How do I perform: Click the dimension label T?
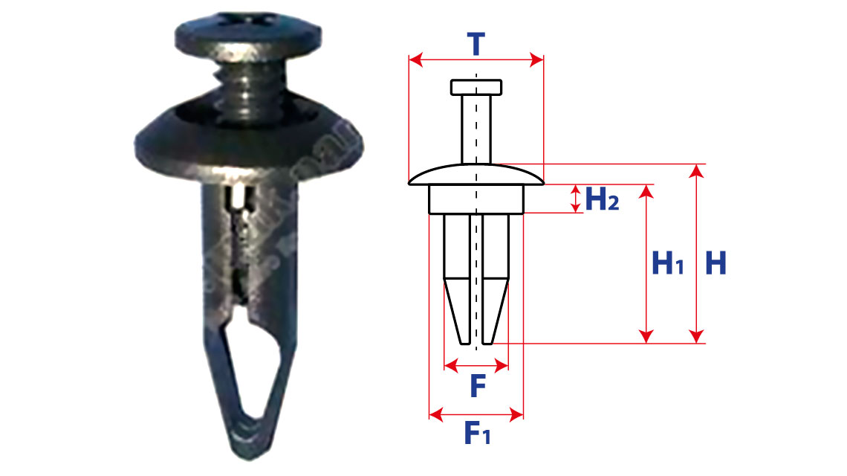click(x=476, y=44)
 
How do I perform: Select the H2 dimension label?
click(x=602, y=199)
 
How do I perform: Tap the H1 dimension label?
click(x=668, y=263)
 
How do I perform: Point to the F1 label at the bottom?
click(x=477, y=433)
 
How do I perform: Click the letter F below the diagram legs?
click(x=478, y=386)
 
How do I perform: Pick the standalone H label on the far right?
click(x=715, y=263)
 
